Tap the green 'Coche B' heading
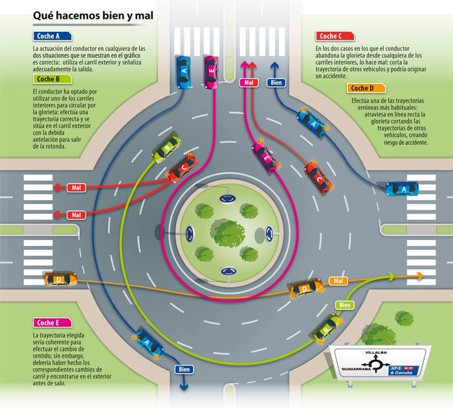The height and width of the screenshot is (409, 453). point(50,79)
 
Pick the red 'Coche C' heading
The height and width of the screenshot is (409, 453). point(335,36)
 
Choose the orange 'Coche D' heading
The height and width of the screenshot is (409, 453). point(366,88)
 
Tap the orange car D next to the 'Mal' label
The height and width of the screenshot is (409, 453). point(306,288)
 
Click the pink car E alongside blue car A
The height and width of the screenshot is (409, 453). point(211,72)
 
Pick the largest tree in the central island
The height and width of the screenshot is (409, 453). point(227,231)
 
